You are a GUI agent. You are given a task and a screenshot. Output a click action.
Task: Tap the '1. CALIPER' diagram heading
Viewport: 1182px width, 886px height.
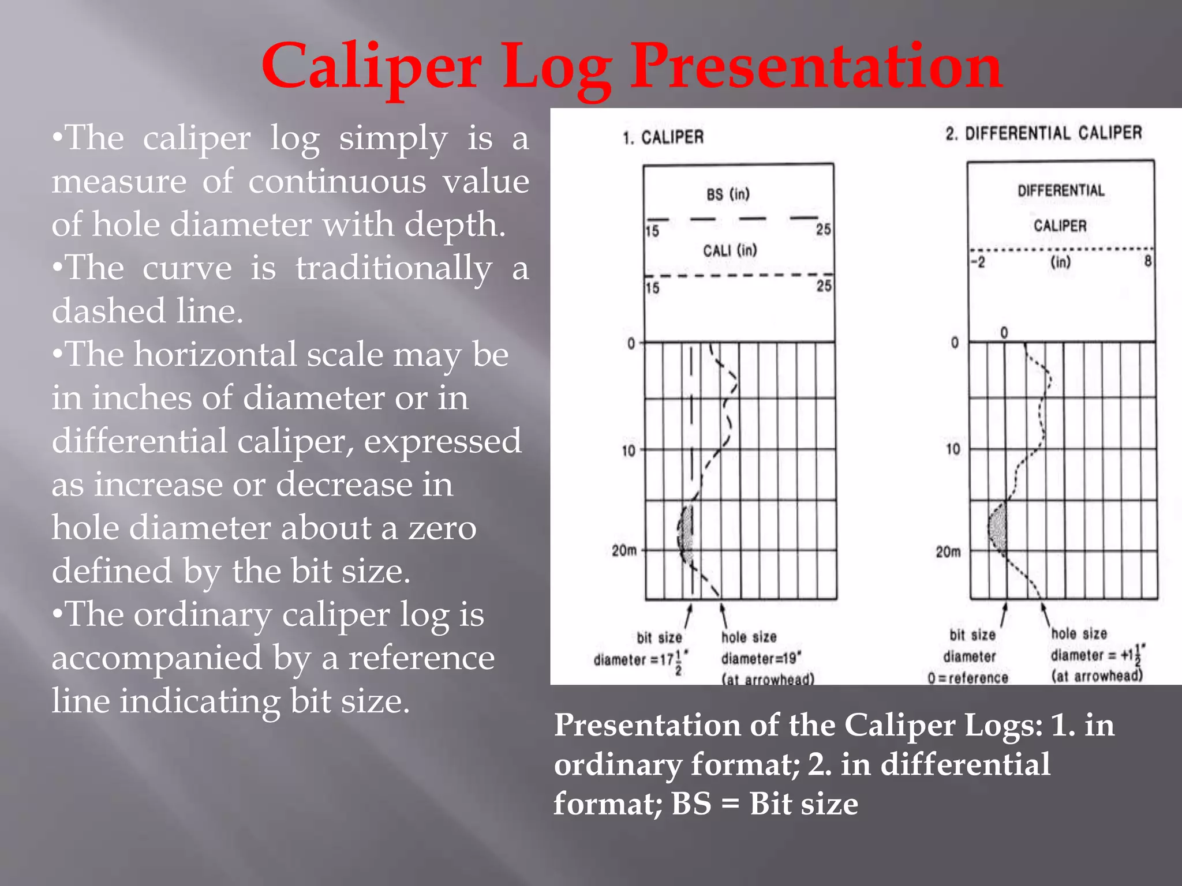[x=663, y=137]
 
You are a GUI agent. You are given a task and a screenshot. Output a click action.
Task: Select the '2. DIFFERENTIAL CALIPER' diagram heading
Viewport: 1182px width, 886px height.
[x=1043, y=133]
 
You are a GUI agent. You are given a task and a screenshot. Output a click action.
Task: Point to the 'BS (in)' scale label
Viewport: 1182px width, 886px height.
[x=728, y=194]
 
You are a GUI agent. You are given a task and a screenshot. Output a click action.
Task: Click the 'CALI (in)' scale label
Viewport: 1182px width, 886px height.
[x=730, y=250]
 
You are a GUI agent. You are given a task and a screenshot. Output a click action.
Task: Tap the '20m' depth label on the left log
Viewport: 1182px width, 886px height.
[x=624, y=551]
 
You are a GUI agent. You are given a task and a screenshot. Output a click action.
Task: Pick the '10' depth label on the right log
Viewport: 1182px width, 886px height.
[x=953, y=449]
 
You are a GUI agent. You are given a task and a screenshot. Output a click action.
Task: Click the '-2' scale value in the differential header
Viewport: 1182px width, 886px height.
[x=978, y=262]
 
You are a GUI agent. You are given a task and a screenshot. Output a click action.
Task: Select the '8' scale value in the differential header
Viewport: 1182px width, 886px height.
[x=1148, y=261]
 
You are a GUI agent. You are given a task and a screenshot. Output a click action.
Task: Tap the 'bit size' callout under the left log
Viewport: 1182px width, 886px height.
[x=659, y=637]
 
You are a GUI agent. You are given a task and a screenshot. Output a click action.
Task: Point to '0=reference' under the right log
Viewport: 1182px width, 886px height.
[x=968, y=678]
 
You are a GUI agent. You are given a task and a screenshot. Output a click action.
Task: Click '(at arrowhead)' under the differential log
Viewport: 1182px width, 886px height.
[x=1097, y=675]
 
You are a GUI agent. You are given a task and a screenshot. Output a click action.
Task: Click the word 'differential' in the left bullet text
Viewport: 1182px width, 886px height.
[x=139, y=441]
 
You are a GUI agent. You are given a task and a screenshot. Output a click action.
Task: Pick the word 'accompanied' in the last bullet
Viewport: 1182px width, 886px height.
[x=156, y=658]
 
